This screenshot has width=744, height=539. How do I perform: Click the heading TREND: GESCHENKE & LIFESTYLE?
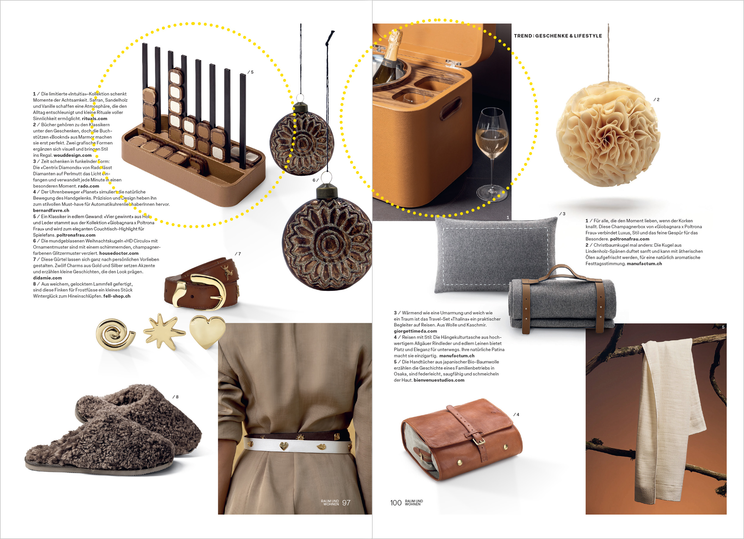558,36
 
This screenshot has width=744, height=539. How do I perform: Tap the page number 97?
346,503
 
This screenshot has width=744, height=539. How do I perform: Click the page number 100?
396,503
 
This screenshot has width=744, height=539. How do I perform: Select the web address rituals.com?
94,119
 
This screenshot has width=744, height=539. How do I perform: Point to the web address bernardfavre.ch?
51,211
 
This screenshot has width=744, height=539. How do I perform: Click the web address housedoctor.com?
119,253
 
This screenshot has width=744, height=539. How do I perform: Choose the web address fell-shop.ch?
117,296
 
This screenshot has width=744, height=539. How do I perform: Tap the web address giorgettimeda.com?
415,331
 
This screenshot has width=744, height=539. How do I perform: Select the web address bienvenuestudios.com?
439,380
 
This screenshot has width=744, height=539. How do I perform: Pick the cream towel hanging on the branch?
669,420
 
